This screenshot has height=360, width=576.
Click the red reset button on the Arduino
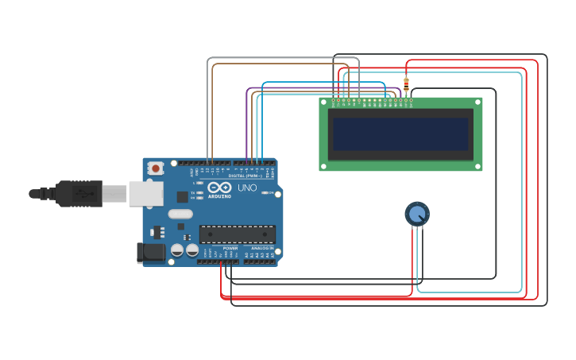tap(156, 168)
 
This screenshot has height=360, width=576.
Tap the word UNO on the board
tap(247, 188)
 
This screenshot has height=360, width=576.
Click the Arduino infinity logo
tap(219, 187)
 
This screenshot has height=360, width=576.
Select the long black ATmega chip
tap(238, 234)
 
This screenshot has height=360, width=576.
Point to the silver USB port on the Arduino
tap(146, 193)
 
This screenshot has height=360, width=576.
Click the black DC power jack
tap(151, 253)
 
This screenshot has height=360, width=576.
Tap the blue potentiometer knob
tap(417, 213)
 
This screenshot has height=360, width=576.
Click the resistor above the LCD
tap(406, 85)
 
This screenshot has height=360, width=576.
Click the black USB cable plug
tap(79, 193)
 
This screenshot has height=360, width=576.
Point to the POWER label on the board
tap(230, 248)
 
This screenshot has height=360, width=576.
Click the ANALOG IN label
tap(262, 248)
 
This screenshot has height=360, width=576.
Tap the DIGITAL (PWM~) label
tap(247, 176)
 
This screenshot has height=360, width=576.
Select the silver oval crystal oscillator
tap(180, 213)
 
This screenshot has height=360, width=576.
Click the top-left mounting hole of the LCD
tap(323, 102)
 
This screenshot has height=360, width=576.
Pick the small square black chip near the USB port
tap(182, 196)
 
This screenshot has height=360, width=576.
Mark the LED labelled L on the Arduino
tap(199, 183)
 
